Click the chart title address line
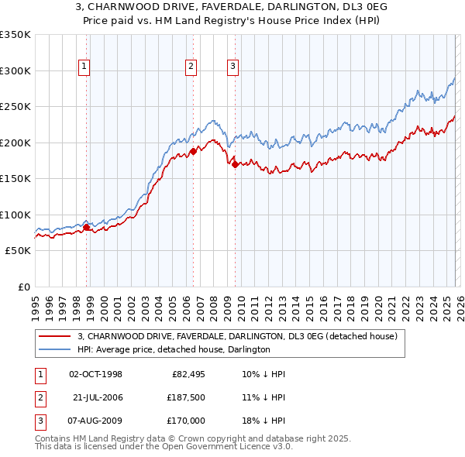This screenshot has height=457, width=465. (x=232, y=6)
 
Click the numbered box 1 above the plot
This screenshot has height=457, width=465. (x=84, y=67)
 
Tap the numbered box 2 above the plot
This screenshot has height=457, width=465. (x=191, y=67)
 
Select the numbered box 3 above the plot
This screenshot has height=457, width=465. (x=232, y=67)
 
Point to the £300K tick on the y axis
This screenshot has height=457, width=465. (x=15, y=70)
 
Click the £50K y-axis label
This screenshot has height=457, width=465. (x=18, y=251)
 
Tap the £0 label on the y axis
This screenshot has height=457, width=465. (x=23, y=287)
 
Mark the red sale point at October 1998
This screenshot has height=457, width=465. (x=87, y=227)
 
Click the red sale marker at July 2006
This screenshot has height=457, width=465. (x=193, y=152)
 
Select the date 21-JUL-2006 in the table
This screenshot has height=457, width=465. (x=98, y=397)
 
